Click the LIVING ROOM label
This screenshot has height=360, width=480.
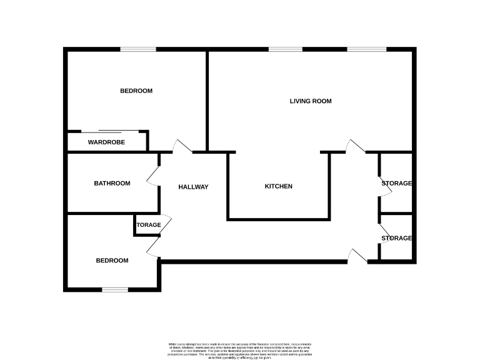[310, 101]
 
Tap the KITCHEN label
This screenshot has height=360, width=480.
[278, 186]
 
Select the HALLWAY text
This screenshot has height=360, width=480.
[193, 187]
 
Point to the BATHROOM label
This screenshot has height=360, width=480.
[112, 183]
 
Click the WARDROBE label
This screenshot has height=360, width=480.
[106, 142]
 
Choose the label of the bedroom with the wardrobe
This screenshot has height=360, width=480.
[136, 91]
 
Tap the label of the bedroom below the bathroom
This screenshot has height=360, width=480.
[112, 261]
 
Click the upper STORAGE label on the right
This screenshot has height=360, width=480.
[397, 183]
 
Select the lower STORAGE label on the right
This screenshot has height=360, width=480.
[397, 238]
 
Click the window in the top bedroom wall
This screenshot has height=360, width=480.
[138, 49]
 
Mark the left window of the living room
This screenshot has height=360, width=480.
[285, 49]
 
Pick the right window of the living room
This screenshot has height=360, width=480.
[367, 49]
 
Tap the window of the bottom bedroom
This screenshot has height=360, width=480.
[115, 289]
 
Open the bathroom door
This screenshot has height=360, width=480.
[153, 177]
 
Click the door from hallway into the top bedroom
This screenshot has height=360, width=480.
[182, 146]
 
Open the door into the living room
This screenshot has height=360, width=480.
[356, 146]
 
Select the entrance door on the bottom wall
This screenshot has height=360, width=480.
[357, 256]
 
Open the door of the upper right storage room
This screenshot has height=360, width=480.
[384, 186]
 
